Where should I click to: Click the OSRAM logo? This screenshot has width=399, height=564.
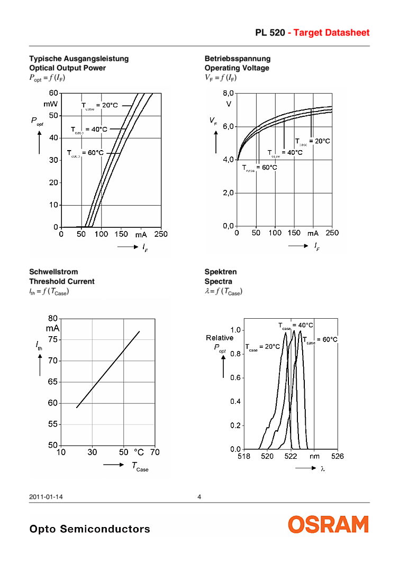click(328, 524)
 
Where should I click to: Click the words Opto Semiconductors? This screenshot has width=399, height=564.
click(90, 529)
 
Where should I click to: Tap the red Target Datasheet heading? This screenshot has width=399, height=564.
click(329, 33)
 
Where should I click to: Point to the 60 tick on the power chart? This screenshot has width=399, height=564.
click(53, 94)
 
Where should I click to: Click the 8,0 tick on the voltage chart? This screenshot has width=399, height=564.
click(228, 93)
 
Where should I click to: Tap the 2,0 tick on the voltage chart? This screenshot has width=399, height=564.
click(228, 193)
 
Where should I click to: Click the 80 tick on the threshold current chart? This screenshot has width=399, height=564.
click(52, 319)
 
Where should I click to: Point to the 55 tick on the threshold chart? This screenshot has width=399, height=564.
click(52, 424)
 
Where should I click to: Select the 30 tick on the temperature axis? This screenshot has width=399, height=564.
click(92, 452)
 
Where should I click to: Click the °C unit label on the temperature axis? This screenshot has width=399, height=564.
click(138, 452)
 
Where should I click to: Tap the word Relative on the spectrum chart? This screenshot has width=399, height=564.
click(220, 338)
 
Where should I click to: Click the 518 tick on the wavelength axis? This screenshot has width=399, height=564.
click(243, 457)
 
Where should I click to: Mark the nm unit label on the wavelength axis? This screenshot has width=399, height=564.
click(314, 457)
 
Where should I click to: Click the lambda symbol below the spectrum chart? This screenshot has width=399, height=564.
click(322, 468)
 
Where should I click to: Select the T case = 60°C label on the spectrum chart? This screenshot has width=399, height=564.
click(320, 340)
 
